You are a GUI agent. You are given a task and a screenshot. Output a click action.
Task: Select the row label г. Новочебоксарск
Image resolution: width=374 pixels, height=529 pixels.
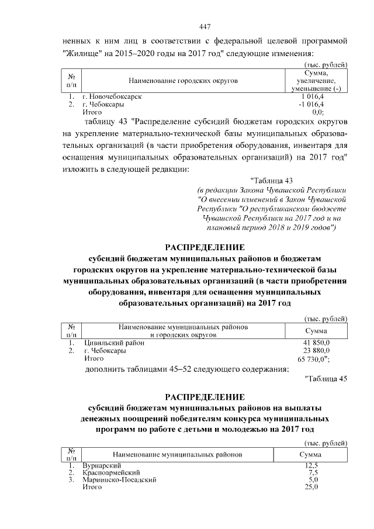click(113, 96)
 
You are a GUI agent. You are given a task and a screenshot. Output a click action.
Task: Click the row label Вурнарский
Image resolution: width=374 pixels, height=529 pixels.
click(102, 465)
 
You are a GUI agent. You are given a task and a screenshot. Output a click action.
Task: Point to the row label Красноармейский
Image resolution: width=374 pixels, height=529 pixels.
click(111, 472)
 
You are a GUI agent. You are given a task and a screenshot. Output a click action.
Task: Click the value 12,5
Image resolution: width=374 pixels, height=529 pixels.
click(311, 465)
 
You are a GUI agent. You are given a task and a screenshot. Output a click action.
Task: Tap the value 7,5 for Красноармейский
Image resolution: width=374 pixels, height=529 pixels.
click(312, 472)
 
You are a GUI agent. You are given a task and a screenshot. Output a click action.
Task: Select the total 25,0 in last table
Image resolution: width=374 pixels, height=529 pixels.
click(311, 486)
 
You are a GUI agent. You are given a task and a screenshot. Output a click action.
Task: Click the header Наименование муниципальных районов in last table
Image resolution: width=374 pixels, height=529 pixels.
click(177, 454)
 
